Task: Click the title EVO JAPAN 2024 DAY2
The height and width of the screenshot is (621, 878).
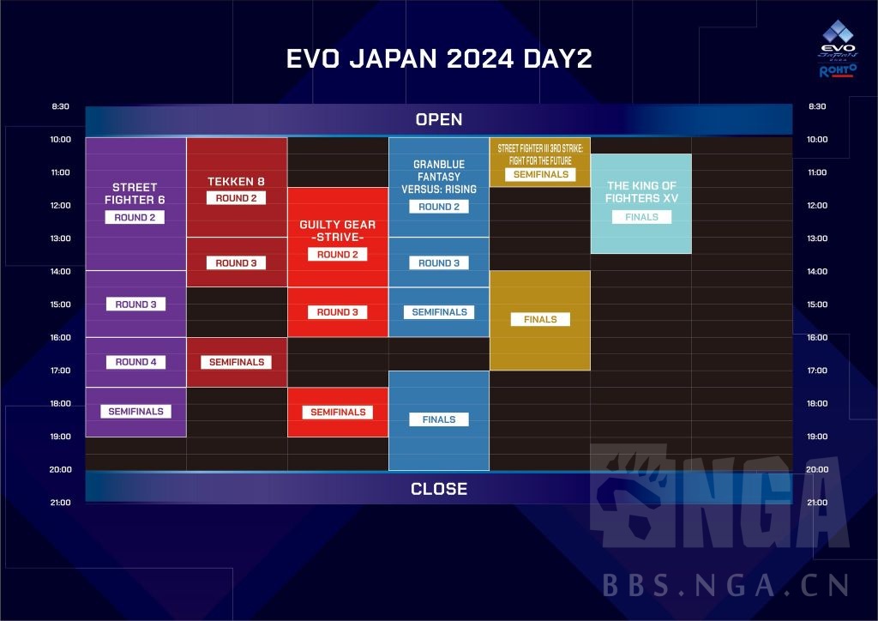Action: tap(438, 59)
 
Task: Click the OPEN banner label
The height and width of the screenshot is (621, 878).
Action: tap(438, 119)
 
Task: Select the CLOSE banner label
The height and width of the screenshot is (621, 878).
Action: tap(438, 489)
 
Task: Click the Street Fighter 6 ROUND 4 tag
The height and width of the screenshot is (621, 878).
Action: tap(135, 362)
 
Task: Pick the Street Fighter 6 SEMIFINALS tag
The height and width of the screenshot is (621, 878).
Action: tap(135, 412)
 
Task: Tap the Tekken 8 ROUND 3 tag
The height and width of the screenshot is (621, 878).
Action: tap(237, 263)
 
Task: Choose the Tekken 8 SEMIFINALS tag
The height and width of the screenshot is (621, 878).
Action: tap(237, 362)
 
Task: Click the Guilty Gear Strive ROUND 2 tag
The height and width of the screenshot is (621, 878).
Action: tap(338, 255)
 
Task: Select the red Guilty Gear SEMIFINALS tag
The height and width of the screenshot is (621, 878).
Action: tap(338, 413)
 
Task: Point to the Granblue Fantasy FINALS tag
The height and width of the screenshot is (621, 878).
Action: tap(439, 419)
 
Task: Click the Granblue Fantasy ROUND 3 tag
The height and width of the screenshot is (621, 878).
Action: tap(439, 263)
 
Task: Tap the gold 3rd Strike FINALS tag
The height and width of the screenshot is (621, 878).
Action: tap(540, 319)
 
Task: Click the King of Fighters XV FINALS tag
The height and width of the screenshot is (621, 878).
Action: tap(641, 217)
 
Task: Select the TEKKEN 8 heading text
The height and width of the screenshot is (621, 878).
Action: tap(237, 181)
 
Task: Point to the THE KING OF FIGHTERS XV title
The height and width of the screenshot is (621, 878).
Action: tap(641, 192)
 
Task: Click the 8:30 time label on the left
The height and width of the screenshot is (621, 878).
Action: tap(60, 107)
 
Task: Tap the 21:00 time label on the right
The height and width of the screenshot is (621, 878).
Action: tap(817, 503)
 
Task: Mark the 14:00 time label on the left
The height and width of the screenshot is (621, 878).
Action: tap(60, 272)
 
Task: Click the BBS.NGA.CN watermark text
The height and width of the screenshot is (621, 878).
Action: tap(725, 586)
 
